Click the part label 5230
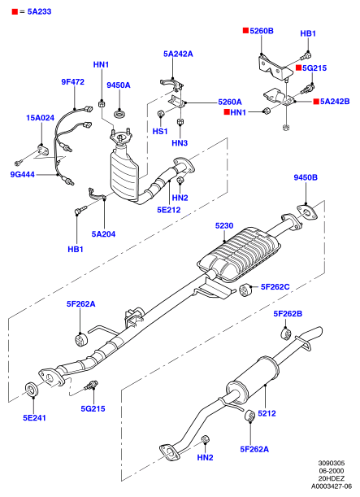[224, 225]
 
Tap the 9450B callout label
[306, 177]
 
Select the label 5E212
[169, 210]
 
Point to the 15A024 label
[40, 118]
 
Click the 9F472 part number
[73, 82]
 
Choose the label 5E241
[34, 418]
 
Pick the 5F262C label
[275, 287]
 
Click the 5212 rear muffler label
[267, 413]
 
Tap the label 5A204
[103, 234]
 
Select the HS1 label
[160, 131]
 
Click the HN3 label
[180, 143]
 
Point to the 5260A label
[230, 102]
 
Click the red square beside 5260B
[245, 30]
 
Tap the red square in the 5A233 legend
[15, 11]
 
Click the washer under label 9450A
[119, 114]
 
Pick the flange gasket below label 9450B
[306, 212]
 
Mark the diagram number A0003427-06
[332, 486]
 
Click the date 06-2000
[332, 471]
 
